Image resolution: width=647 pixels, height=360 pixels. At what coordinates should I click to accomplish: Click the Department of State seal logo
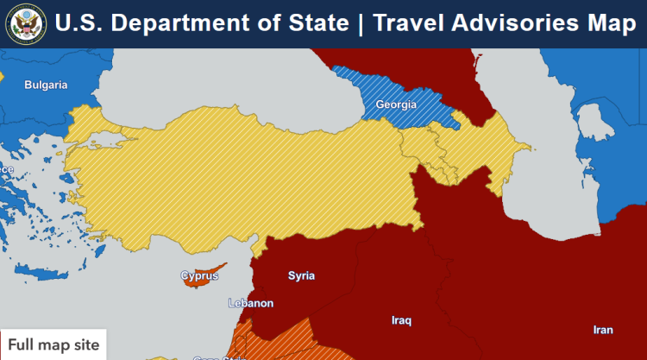[x=25, y=23]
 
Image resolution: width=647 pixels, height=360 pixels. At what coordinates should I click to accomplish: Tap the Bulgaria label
[x=46, y=85]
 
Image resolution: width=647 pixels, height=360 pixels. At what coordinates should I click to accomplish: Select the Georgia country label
[x=396, y=105]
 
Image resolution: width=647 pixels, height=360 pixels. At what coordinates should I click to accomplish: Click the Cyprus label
[x=199, y=276]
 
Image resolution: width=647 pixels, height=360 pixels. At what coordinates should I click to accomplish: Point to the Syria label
[x=301, y=276]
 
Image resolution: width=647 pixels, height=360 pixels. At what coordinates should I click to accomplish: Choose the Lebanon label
[x=250, y=303]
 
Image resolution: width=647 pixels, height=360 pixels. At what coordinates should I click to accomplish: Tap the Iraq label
[x=401, y=320]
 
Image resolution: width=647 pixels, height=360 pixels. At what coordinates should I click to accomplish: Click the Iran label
[x=603, y=330]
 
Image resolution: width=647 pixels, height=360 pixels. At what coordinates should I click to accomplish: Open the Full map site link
[x=53, y=345]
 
